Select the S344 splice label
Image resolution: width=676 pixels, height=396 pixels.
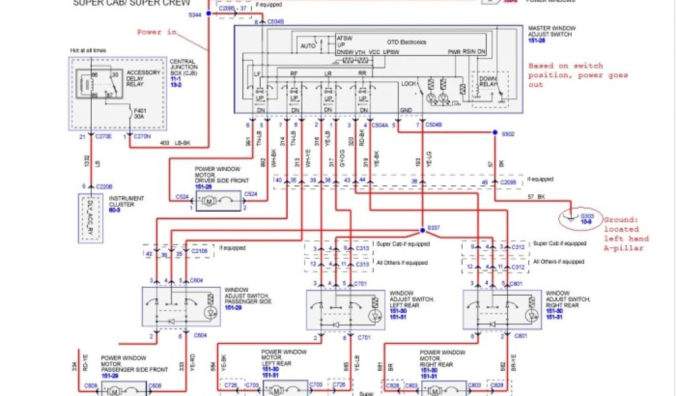click(x=196, y=14)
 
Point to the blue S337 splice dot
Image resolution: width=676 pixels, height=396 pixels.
click(x=422, y=230)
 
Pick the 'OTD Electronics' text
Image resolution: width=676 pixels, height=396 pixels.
click(x=407, y=42)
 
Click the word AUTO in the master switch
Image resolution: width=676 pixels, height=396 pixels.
click(x=308, y=46)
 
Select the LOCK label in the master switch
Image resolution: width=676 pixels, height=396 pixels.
click(x=409, y=84)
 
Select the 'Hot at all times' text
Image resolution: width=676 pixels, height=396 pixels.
click(x=88, y=50)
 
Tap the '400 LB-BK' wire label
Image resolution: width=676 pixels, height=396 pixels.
click(x=173, y=143)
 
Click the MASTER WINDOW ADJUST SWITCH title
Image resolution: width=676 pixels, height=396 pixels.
click(x=553, y=32)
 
